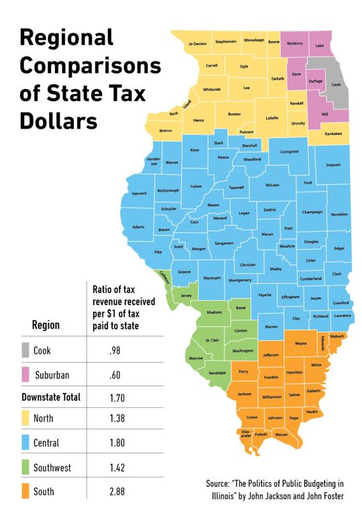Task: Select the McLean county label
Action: coord(272,185)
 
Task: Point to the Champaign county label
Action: coord(312,212)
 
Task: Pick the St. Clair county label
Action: coord(211,340)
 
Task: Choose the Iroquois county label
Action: coord(333,164)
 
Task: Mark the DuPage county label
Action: coord(316,80)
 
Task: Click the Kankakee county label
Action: coord(333,133)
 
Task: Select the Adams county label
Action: coord(138,227)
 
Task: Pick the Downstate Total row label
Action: coord(47,397)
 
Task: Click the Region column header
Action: coord(46,325)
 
